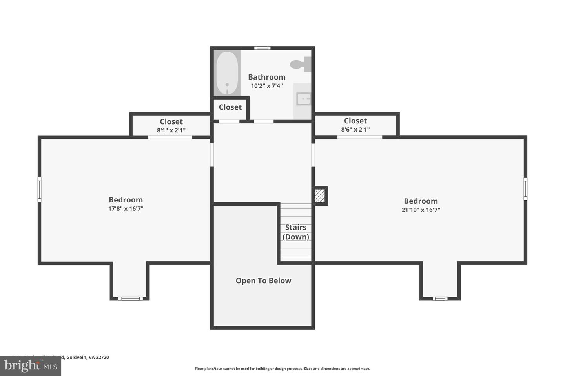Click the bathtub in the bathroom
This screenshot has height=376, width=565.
tap(227, 73)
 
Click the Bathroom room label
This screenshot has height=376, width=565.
tap(266, 77)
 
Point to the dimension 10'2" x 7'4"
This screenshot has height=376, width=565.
tap(266, 86)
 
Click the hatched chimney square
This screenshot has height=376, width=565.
tap(320, 195)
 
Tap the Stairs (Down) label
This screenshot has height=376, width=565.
tap(296, 232)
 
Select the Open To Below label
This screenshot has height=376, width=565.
tap(263, 281)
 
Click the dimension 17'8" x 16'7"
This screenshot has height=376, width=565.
tap(126, 209)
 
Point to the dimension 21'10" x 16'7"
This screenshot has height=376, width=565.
tap(421, 210)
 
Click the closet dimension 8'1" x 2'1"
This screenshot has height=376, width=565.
tap(171, 130)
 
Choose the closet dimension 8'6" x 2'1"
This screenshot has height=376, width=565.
tap(355, 130)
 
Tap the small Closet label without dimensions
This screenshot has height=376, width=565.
tap(230, 107)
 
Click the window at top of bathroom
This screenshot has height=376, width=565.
tap(262, 48)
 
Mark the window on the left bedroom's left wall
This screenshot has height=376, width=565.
tap(39, 189)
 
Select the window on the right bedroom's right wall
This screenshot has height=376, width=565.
tap(525, 188)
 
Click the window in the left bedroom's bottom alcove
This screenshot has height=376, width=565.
tap(130, 299)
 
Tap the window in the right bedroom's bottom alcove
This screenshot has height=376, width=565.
tap(440, 299)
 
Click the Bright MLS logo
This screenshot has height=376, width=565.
tap(30, 366)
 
